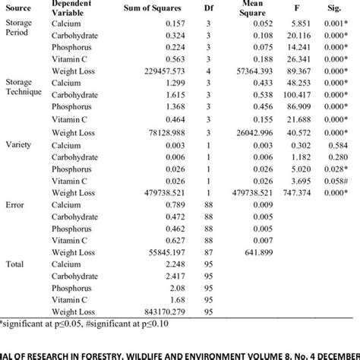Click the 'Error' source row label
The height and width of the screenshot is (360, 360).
pos(16,205)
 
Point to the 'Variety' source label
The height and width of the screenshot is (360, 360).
pos(19,144)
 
